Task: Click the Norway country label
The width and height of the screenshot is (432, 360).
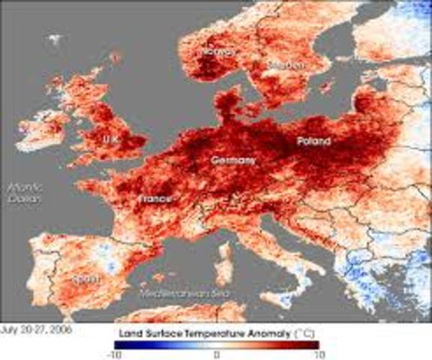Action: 217,52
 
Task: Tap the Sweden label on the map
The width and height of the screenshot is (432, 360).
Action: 286,65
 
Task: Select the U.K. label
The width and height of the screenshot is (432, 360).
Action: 112,139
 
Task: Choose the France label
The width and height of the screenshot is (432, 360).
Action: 155,199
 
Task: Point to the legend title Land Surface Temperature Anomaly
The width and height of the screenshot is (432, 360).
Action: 213,330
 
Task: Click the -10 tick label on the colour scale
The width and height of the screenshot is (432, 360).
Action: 114,352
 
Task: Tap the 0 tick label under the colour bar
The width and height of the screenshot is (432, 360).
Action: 216,352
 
